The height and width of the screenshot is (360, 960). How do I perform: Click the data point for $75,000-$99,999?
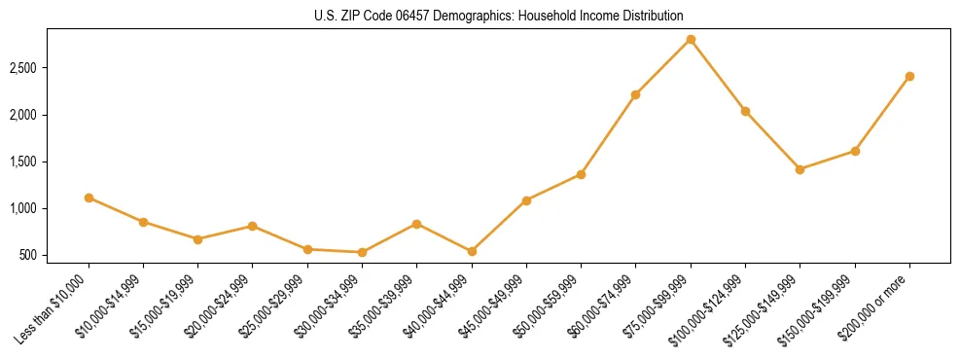[691, 39]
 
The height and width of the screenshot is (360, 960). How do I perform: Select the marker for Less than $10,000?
[89, 198]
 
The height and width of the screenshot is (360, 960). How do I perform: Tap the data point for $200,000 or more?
[909, 76]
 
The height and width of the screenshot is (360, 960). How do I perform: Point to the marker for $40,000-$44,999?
[472, 251]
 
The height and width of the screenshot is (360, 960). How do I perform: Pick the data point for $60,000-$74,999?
[636, 94]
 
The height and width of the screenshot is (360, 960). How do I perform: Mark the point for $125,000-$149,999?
[800, 169]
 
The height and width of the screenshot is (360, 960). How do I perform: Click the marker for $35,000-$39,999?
[417, 224]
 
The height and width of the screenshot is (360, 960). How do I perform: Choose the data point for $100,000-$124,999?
[745, 111]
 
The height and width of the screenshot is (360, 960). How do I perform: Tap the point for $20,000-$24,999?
[253, 226]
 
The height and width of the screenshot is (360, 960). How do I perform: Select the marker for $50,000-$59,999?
[581, 174]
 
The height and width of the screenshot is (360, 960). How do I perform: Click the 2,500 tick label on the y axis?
[23, 68]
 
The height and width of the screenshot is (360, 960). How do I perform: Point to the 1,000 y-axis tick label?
[23, 208]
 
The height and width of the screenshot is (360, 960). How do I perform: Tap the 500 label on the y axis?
[29, 255]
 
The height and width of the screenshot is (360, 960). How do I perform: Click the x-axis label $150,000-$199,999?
[823, 306]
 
